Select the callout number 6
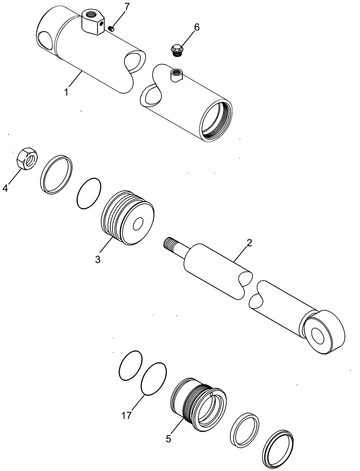tap(196, 27)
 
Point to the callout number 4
tap(5, 188)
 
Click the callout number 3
tap(98, 260)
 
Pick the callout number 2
tap(249, 243)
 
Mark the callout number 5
tap(168, 439)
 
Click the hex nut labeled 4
tap(27, 159)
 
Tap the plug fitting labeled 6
tap(178, 49)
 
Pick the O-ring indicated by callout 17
tap(153, 378)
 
